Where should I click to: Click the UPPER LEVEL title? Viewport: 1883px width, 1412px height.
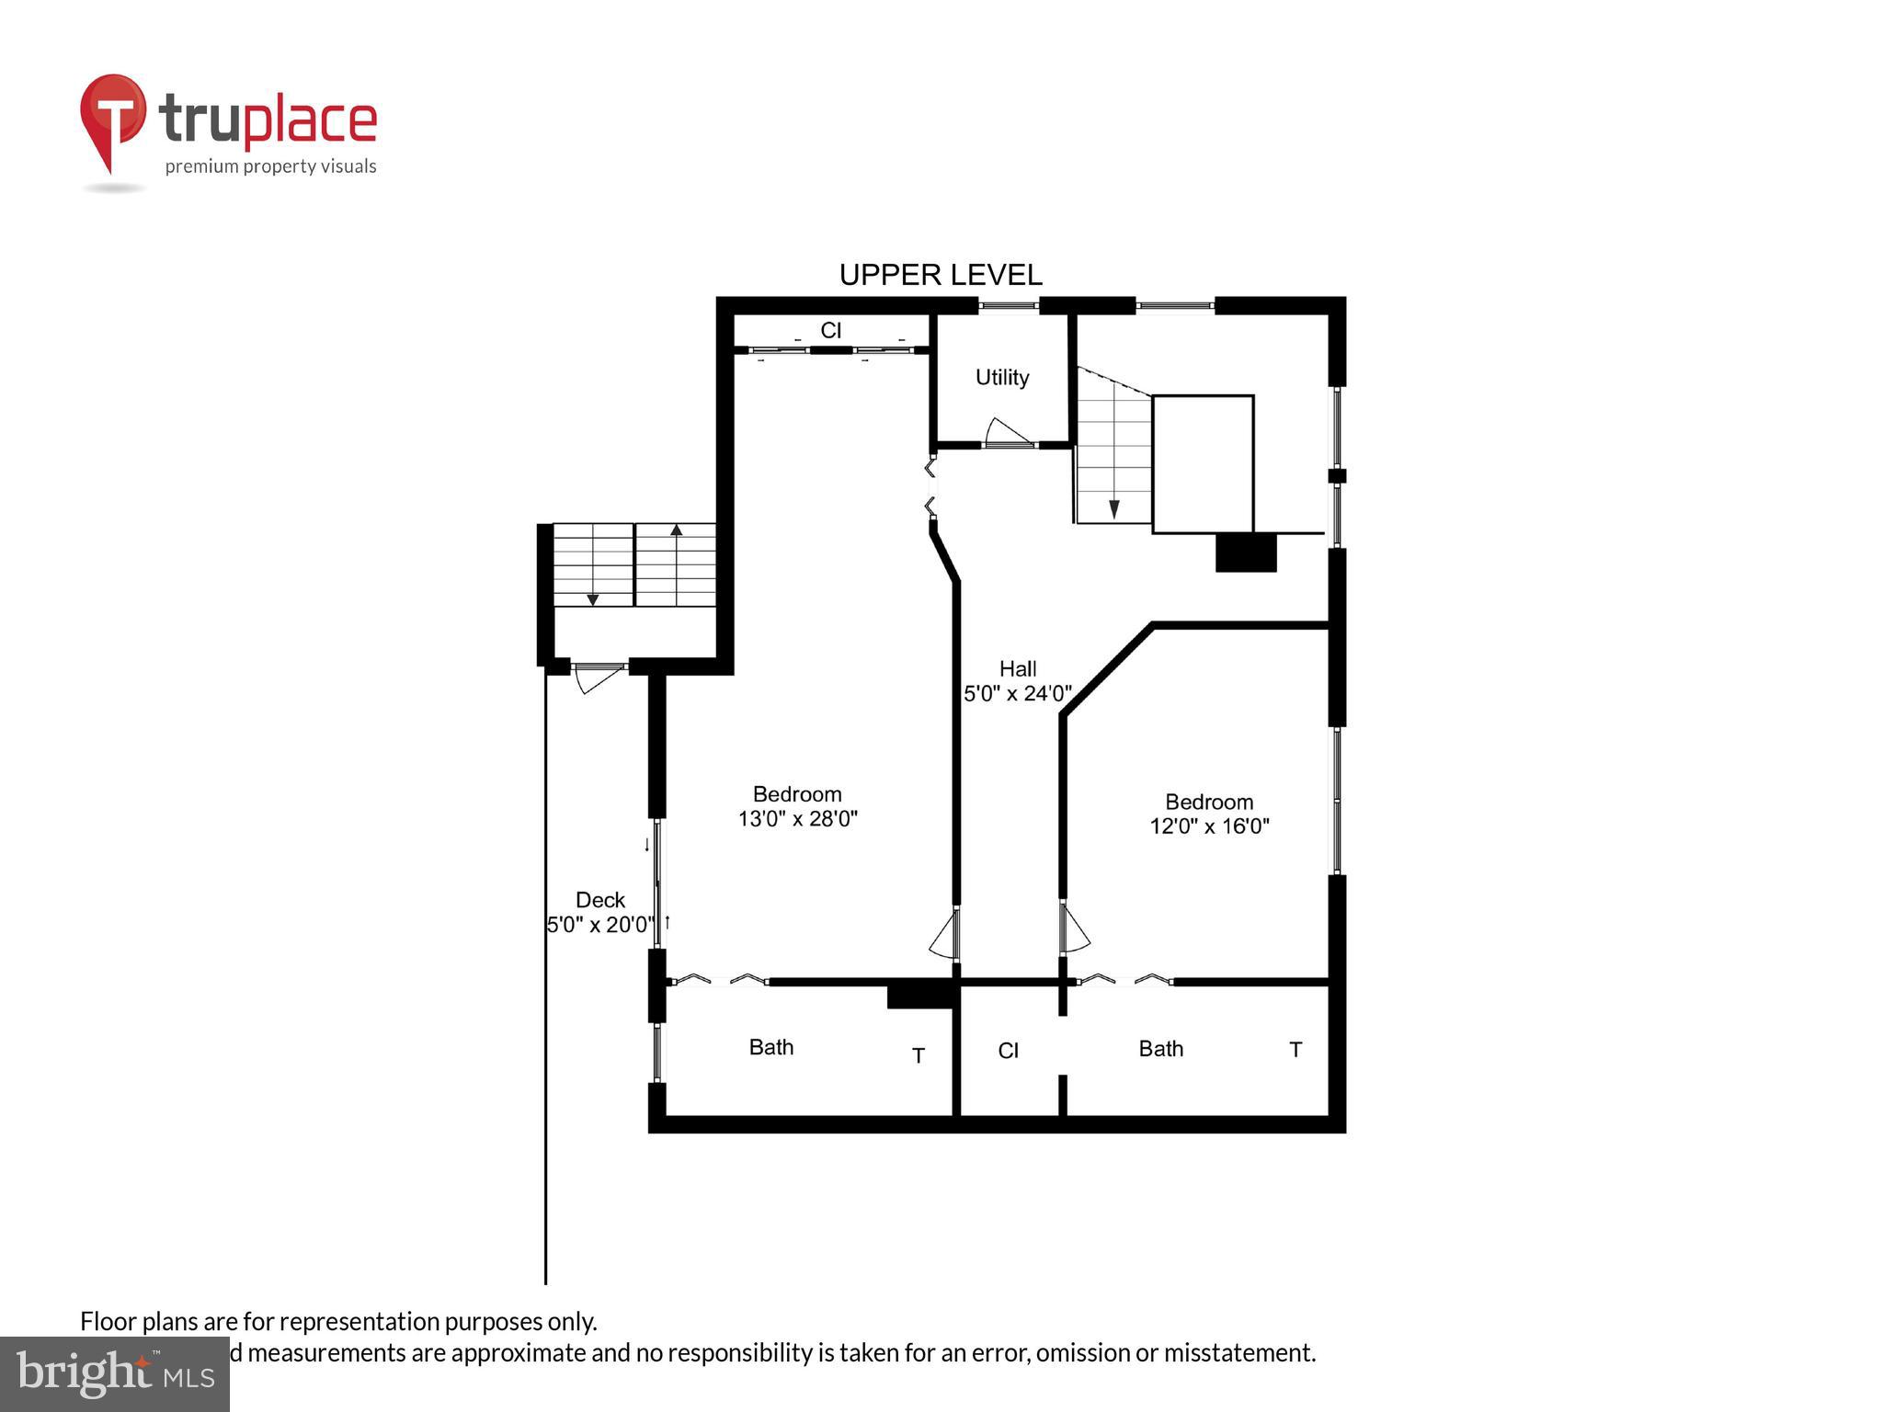point(940,275)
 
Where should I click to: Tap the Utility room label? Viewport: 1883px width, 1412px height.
point(1001,377)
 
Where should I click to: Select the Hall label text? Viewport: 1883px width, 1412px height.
point(1018,669)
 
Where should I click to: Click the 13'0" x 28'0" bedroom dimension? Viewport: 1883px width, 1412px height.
point(797,818)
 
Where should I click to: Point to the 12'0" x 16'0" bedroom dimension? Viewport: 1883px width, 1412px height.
point(1209,826)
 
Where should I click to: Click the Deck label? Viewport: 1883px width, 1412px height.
point(599,900)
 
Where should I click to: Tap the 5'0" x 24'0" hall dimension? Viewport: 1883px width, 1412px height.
point(1017,694)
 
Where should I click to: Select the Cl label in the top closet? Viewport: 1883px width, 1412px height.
point(830,330)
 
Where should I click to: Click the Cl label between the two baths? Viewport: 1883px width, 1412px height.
point(1008,1051)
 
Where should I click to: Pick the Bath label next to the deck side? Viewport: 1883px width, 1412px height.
point(770,1047)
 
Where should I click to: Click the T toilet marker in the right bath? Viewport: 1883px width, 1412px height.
point(1295,1050)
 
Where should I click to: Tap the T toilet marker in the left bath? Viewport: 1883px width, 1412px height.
point(918,1055)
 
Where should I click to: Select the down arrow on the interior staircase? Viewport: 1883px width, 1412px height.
point(1113,508)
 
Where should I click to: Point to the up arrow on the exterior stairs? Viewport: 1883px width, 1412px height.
point(676,530)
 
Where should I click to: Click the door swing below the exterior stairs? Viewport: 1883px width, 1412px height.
point(596,679)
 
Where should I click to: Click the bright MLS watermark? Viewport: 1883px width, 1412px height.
point(115,1373)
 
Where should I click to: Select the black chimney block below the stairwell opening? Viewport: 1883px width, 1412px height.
point(1245,552)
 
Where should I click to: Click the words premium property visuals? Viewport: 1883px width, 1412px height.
point(270,166)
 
